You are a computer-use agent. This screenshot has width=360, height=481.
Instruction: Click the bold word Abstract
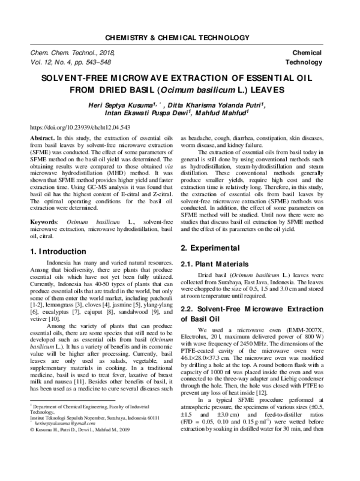(41, 137)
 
